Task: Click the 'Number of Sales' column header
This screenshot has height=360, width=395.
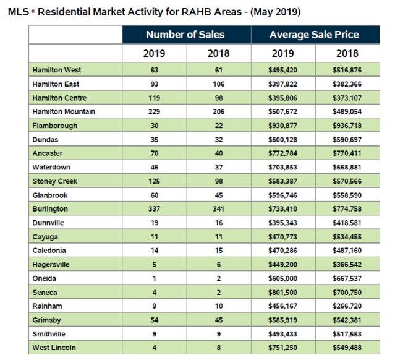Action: (x=185, y=35)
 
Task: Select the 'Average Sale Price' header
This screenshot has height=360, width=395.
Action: (x=314, y=35)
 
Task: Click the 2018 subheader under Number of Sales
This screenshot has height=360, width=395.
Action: (x=218, y=54)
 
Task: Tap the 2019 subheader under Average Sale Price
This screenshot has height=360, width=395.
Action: (x=282, y=54)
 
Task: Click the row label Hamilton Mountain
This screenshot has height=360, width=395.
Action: (x=64, y=112)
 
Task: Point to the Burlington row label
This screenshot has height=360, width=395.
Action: (x=50, y=209)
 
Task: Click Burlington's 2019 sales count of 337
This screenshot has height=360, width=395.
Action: (x=154, y=209)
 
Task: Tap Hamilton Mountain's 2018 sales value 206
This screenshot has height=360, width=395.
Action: (x=218, y=112)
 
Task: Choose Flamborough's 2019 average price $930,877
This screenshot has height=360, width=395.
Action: (x=283, y=126)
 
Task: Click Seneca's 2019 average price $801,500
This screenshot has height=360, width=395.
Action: (x=283, y=292)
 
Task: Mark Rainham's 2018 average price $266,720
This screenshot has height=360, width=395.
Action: (x=347, y=306)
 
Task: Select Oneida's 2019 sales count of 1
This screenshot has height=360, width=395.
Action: (x=154, y=278)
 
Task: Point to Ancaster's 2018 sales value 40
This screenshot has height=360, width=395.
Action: (x=218, y=153)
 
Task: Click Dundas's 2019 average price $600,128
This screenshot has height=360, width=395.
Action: (x=283, y=140)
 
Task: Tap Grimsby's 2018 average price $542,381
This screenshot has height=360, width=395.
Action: (x=347, y=320)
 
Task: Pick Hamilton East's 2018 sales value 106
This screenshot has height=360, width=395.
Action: (x=218, y=84)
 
